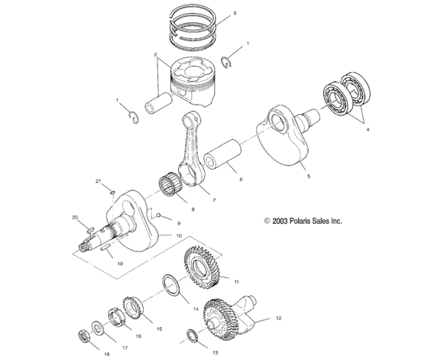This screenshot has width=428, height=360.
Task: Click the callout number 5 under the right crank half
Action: (x=308, y=176)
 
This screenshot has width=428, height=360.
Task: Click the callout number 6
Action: (x=242, y=180)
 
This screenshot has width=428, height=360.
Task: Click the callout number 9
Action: (x=178, y=223)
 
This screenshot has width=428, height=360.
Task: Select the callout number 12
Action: (x=278, y=317)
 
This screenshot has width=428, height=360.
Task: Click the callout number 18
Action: (x=107, y=355)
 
